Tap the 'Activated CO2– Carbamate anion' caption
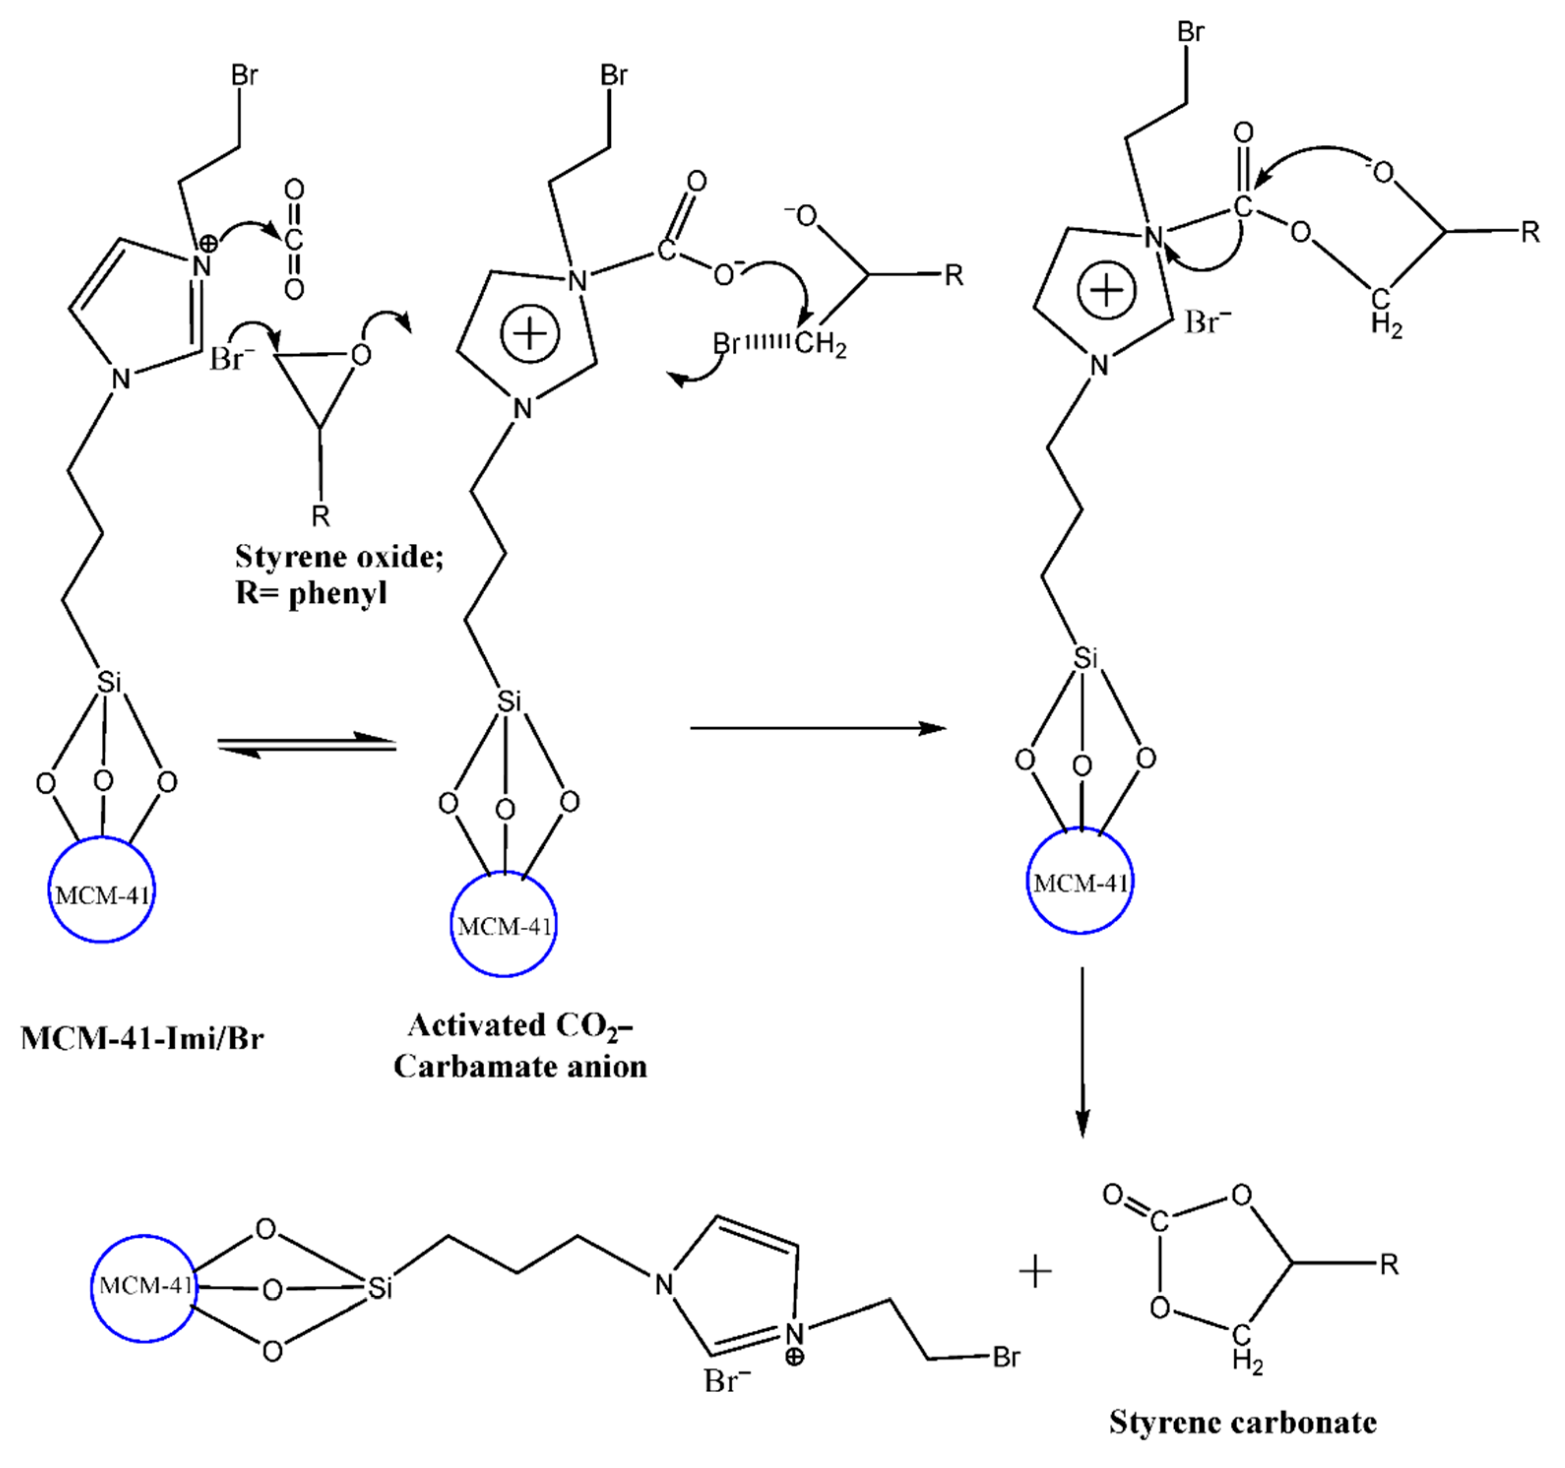[x=520, y=1046]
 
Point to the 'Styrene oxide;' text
[x=339, y=557]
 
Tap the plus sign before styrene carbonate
[x=1035, y=1272]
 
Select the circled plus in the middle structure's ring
[x=530, y=333]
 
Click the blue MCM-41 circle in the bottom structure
[x=144, y=1288]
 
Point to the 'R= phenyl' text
[x=311, y=593]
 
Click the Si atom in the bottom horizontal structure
[x=380, y=1288]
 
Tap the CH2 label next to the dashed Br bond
[x=821, y=344]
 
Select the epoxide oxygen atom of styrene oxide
[x=361, y=355]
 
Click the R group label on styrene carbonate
[x=1389, y=1265]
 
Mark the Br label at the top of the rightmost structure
[x=1190, y=32]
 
